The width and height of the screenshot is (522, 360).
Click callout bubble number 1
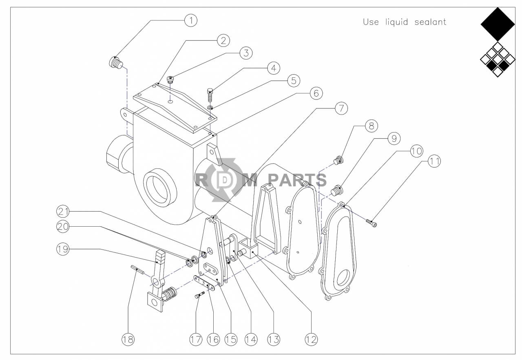[x=190, y=20]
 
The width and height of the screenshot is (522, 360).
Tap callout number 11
[x=434, y=161]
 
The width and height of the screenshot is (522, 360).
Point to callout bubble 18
[x=128, y=339]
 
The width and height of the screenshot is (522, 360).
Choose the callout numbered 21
[x=63, y=211]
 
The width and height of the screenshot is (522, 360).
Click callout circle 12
[x=311, y=339]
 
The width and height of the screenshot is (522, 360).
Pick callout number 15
[x=231, y=339]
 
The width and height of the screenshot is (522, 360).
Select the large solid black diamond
[x=498, y=24]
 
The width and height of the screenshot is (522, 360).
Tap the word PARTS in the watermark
[x=297, y=180]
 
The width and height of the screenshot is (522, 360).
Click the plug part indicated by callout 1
[x=116, y=63]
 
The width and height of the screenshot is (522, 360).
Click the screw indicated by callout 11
[x=372, y=223]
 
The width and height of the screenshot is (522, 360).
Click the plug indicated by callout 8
[x=338, y=160]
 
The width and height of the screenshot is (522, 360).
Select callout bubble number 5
[x=293, y=81]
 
